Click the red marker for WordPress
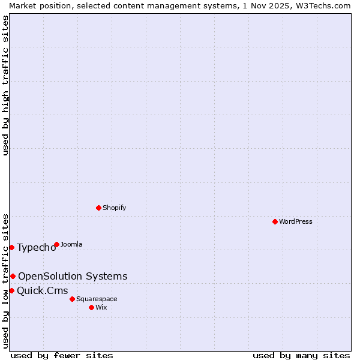click(x=275, y=221)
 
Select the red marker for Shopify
click(x=98, y=208)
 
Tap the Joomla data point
click(x=56, y=244)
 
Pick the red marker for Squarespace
click(x=72, y=299)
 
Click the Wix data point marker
click(x=91, y=307)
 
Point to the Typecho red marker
click(x=11, y=247)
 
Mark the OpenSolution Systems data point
click(x=13, y=276)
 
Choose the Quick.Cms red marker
click(x=11, y=290)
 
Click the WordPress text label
click(x=296, y=221)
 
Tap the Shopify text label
click(x=114, y=208)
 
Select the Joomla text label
click(x=71, y=244)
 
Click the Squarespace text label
click(x=97, y=299)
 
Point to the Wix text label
click(x=101, y=307)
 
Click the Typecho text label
click(x=36, y=248)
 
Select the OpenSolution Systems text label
click(x=73, y=276)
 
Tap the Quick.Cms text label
click(x=42, y=291)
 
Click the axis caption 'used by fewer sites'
click(x=62, y=355)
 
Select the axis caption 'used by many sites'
click(x=301, y=355)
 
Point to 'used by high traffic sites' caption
click(x=6, y=85)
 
